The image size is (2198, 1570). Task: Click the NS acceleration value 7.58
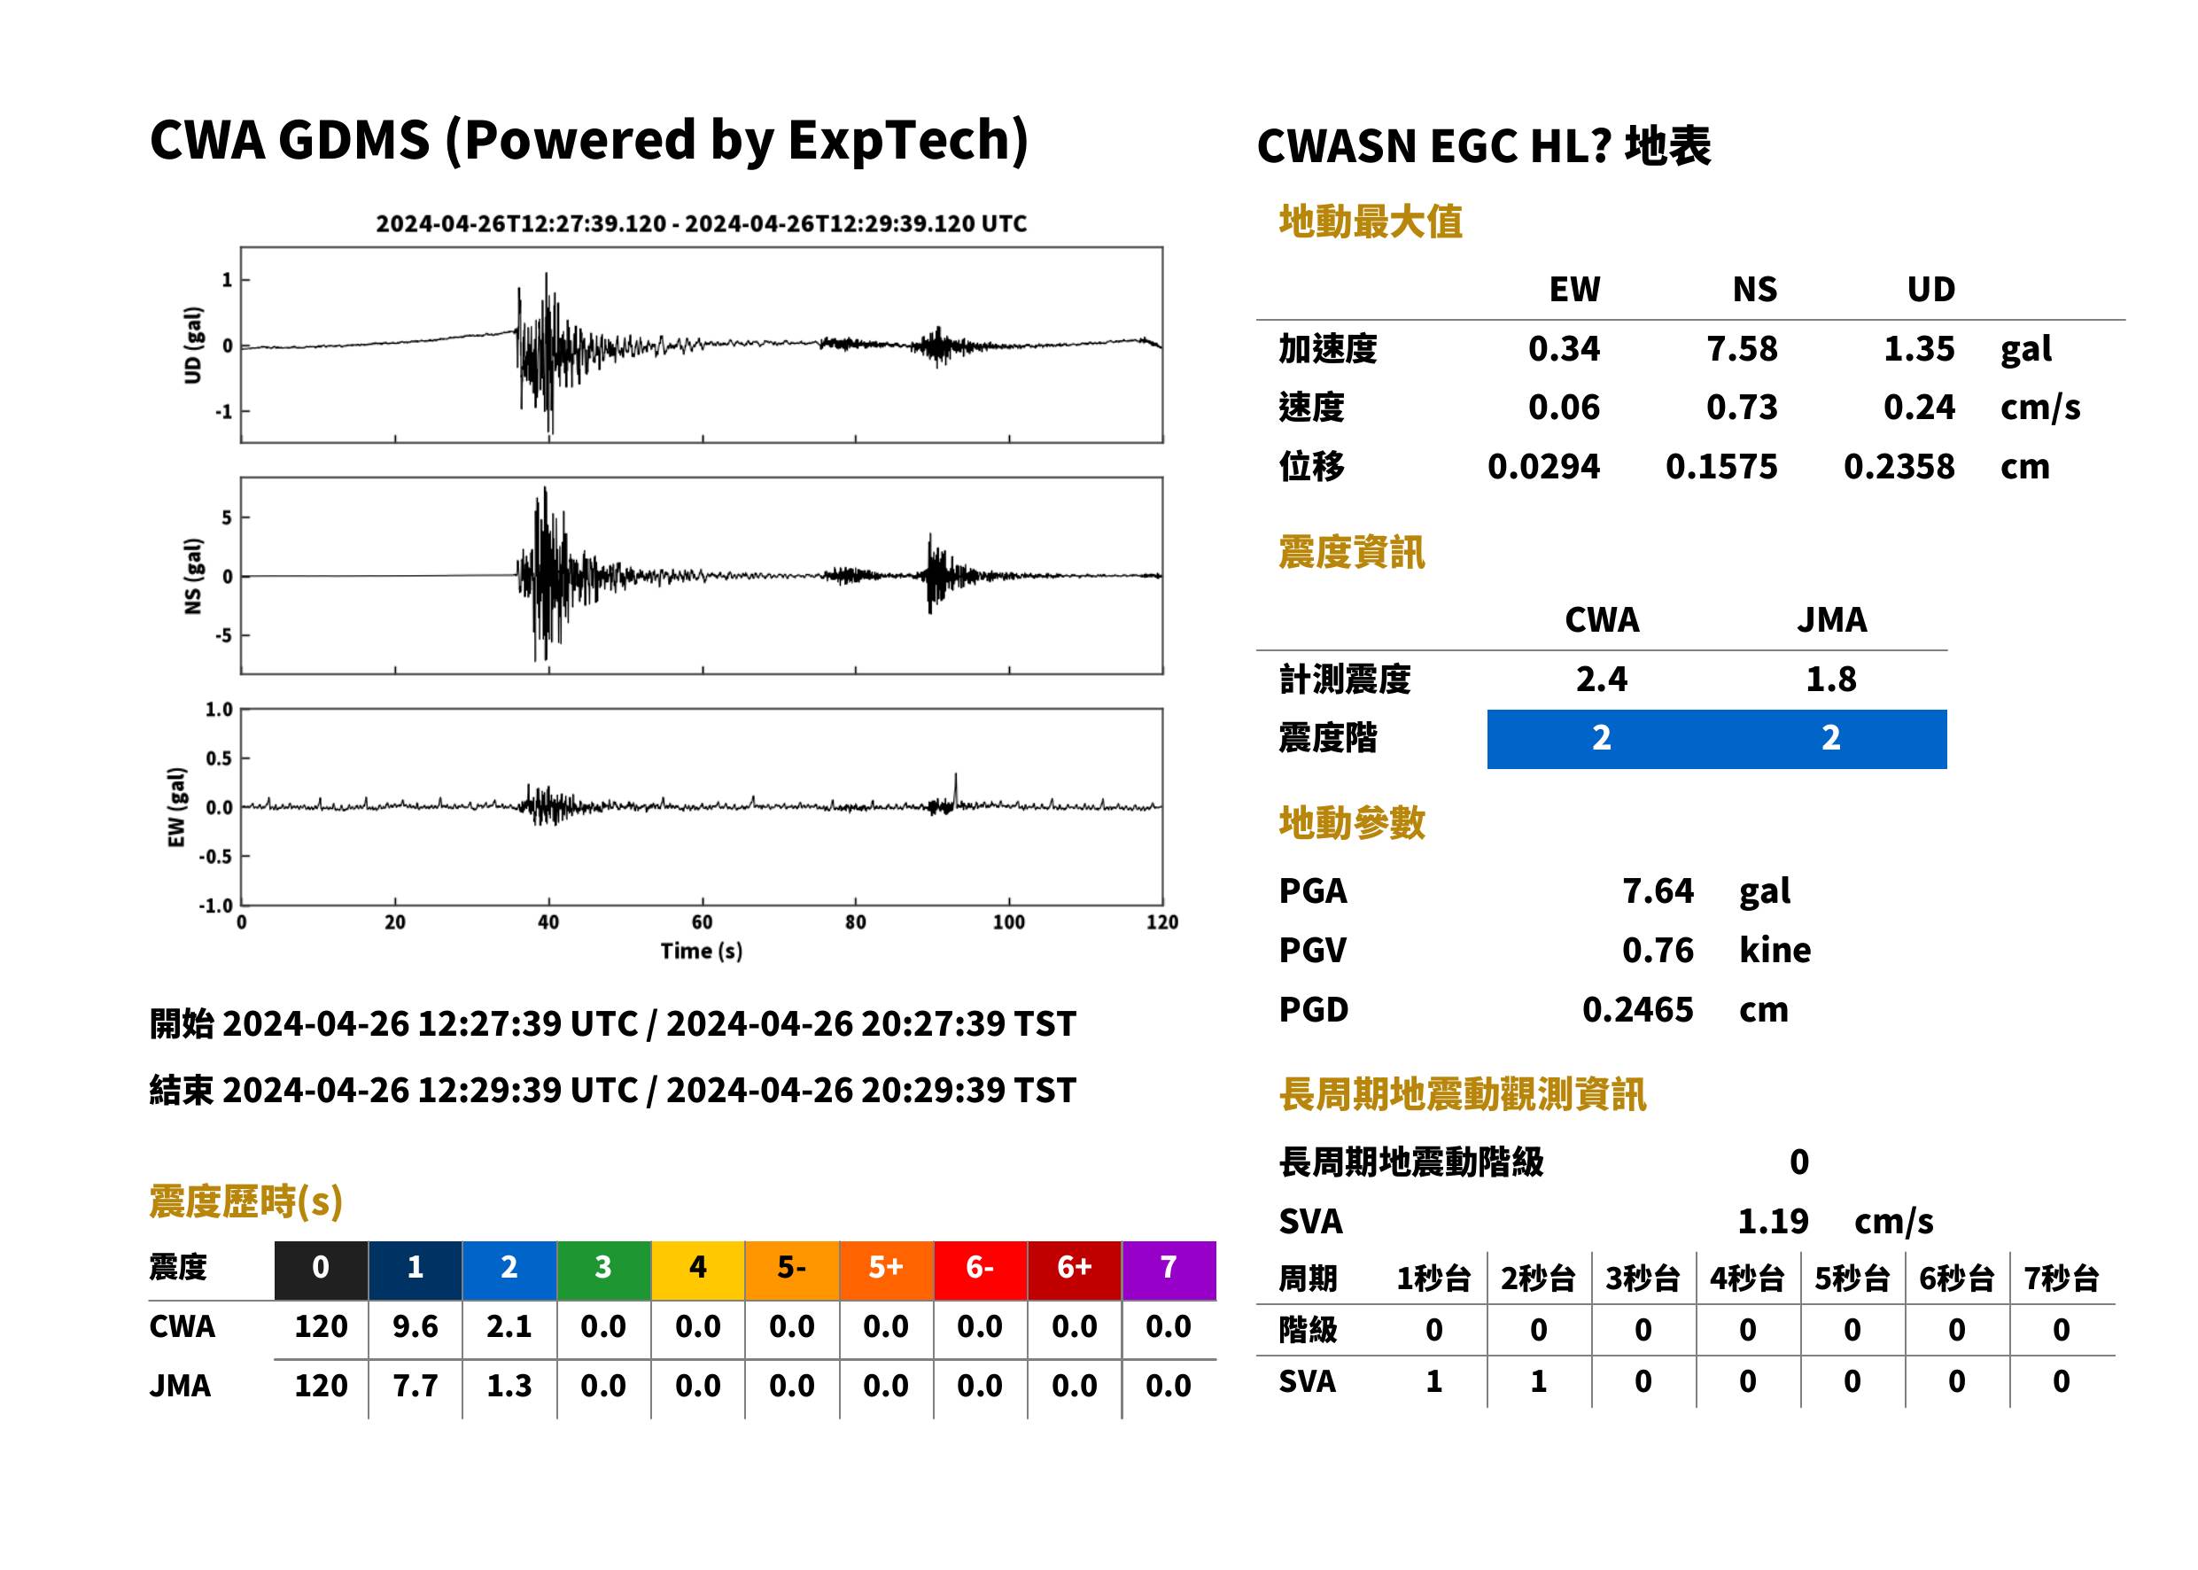pyautogui.click(x=1741, y=349)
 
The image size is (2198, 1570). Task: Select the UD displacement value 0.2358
pyautogui.click(x=1899, y=467)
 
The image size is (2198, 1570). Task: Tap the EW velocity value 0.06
pyautogui.click(x=1564, y=408)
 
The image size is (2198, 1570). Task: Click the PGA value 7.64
pyautogui.click(x=1658, y=890)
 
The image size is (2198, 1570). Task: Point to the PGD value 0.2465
pyautogui.click(x=1637, y=1009)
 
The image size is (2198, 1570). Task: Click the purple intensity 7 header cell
pyautogui.click(x=1169, y=1267)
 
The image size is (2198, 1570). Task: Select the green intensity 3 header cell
pyautogui.click(x=603, y=1267)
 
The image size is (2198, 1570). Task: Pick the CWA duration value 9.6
pyautogui.click(x=415, y=1326)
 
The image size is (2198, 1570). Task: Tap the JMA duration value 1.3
pyautogui.click(x=509, y=1386)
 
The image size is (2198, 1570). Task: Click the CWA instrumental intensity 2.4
pyautogui.click(x=1602, y=679)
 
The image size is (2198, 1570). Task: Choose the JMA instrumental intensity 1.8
pyautogui.click(x=1830, y=679)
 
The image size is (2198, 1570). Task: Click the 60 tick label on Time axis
pyautogui.click(x=702, y=922)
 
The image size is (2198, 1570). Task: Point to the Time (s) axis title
pyautogui.click(x=702, y=952)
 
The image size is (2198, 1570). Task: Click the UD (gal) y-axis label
pyautogui.click(x=193, y=346)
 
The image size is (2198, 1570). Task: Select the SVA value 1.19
pyautogui.click(x=1773, y=1221)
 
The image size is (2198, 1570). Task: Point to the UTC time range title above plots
pyautogui.click(x=701, y=223)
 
